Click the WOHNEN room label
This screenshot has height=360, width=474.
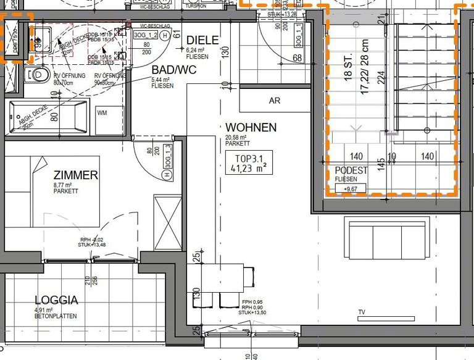(251, 128)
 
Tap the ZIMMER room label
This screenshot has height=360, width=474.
(75, 175)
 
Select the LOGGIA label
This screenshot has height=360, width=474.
(56, 301)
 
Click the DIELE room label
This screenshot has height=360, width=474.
(202, 40)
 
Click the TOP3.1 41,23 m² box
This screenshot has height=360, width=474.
(248, 162)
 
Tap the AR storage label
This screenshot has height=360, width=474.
(275, 101)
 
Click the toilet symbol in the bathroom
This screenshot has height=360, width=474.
(38, 75)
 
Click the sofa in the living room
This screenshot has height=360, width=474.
(386, 239)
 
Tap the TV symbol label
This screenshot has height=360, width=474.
(362, 312)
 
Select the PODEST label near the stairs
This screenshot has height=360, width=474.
(351, 170)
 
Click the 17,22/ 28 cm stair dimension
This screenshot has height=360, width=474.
(365, 65)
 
